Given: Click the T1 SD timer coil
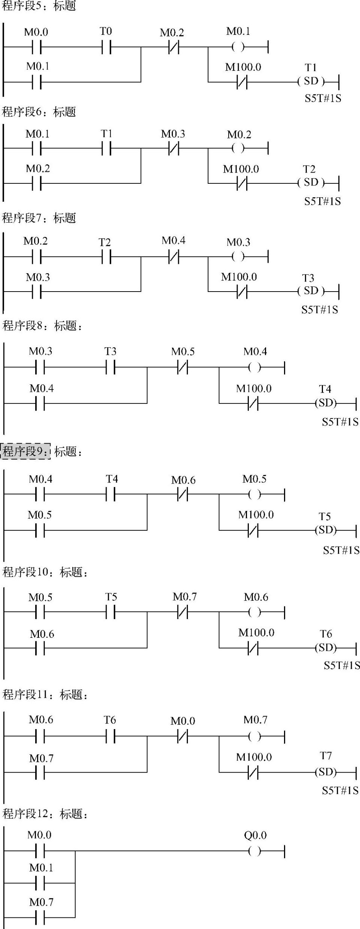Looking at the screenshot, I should point(311,81).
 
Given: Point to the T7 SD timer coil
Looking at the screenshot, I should point(326,772).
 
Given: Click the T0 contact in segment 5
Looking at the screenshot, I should point(106,48).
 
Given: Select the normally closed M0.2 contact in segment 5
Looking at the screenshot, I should point(173,48).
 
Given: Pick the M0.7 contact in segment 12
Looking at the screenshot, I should point(40,917).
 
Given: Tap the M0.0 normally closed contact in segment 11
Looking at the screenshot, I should point(182,737).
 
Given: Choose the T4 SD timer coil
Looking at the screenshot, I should point(326,403).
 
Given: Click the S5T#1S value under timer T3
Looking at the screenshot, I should point(320,310).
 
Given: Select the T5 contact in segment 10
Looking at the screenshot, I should point(111,613).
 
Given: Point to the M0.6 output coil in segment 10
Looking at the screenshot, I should point(254,613).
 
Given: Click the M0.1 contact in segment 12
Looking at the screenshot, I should point(40,884).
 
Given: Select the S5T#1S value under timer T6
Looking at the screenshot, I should point(342,665).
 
